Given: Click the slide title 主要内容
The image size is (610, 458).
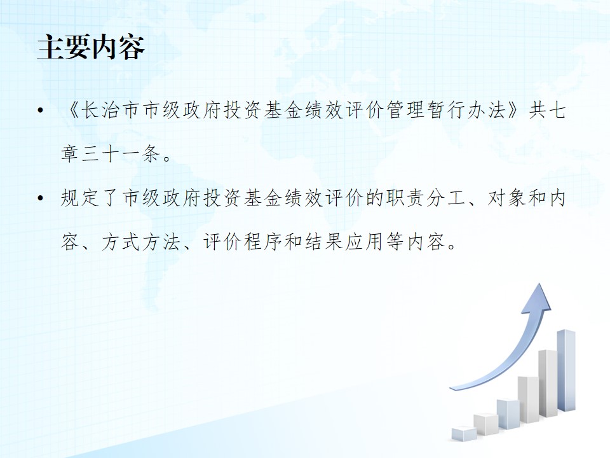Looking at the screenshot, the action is (91, 47).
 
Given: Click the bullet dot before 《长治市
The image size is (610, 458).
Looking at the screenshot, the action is (40, 111).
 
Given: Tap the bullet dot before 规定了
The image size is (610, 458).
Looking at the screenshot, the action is (40, 198).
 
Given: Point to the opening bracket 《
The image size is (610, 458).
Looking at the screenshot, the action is (71, 111).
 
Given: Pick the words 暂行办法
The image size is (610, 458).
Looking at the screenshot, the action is (467, 111).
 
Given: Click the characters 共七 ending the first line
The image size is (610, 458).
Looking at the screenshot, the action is (547, 111).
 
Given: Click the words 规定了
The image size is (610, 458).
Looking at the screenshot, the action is (90, 198).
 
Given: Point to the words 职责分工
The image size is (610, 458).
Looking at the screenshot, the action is (426, 198).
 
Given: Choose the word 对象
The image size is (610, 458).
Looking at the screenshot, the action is (507, 198).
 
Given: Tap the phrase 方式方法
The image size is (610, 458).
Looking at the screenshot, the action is (141, 242).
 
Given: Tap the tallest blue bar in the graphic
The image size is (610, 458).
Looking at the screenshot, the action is (566, 370).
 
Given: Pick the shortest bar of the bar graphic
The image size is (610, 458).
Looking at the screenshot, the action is (464, 434).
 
